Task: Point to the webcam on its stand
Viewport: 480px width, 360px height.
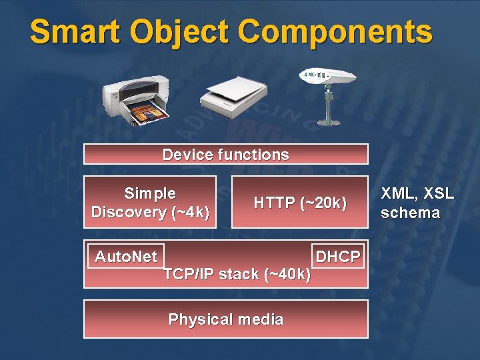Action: click(x=326, y=93)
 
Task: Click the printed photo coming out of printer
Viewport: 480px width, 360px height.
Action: click(x=149, y=113)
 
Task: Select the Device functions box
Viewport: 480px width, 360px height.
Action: click(x=225, y=155)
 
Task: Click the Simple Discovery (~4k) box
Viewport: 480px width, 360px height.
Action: click(x=150, y=203)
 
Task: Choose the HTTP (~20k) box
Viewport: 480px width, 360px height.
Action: click(x=300, y=203)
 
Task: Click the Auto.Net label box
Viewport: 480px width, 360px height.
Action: click(x=126, y=257)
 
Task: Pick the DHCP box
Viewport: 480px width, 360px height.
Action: click(x=338, y=257)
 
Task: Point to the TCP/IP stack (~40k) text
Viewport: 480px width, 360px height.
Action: click(x=237, y=274)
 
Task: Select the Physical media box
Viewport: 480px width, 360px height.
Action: click(x=225, y=319)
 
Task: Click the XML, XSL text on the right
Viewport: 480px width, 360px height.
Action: click(x=417, y=194)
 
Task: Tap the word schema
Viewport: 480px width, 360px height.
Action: click(x=410, y=213)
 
